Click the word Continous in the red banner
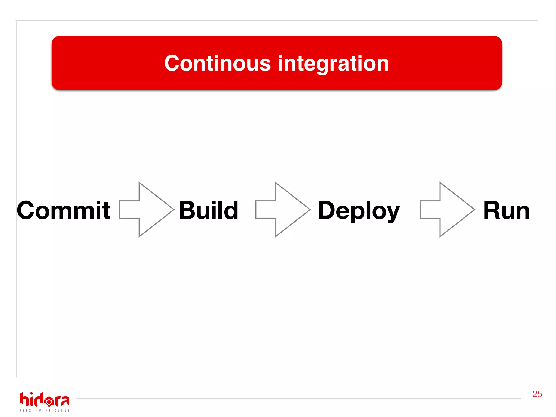217,63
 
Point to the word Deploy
358,211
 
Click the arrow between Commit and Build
147,210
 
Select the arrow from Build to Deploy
283,210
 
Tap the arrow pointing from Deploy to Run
447,210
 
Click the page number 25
537,394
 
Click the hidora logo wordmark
45,400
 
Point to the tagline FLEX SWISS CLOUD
45,410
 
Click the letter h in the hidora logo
24,399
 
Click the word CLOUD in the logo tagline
62,410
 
